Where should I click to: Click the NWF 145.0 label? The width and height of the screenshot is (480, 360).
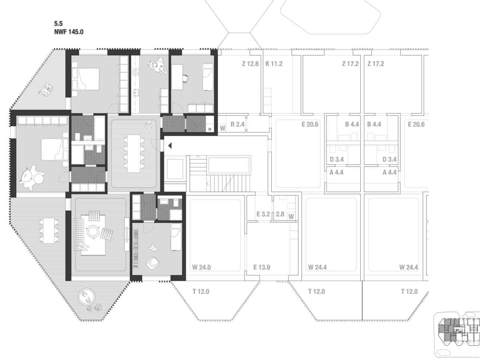point(69,32)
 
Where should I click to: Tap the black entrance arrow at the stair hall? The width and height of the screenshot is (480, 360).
point(170,146)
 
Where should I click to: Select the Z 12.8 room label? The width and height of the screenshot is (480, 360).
point(250,64)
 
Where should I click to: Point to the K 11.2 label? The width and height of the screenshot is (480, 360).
point(274,64)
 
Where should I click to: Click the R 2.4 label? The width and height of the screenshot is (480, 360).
point(238,124)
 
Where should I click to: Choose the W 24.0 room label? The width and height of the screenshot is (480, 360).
point(202,267)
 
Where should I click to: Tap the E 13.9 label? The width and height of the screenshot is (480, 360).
point(262,267)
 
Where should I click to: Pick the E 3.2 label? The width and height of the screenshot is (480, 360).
point(263,214)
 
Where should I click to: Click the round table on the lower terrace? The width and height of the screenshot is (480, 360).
point(86,297)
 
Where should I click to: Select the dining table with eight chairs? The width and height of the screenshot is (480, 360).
point(134,154)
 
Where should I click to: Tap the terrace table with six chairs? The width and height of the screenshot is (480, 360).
point(49,231)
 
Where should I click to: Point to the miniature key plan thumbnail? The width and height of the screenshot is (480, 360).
point(457,336)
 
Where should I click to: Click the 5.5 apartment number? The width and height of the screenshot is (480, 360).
point(58,23)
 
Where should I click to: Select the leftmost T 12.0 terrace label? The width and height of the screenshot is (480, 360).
point(201,292)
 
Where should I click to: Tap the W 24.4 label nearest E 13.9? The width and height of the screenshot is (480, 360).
point(317,267)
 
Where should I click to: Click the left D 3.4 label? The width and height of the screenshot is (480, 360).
point(336,160)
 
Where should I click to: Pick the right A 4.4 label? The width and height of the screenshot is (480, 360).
point(390,172)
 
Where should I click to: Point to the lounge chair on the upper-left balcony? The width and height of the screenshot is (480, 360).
point(46,89)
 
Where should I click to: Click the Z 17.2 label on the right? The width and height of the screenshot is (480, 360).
point(376,64)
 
